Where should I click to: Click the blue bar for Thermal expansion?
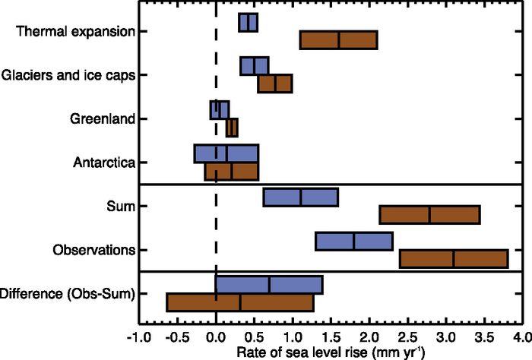248,23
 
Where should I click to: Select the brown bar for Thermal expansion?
338,40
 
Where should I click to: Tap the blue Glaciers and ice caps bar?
255,66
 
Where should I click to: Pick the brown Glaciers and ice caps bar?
275,84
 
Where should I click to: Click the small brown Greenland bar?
232,128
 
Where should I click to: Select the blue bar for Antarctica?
226,153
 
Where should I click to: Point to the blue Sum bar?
300,197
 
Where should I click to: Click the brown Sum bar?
429,215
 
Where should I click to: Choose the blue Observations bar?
353,242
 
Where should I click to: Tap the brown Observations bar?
453,259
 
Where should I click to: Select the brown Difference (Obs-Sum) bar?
239,302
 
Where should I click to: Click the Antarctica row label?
104,163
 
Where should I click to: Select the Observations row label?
94,250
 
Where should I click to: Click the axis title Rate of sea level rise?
329,352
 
